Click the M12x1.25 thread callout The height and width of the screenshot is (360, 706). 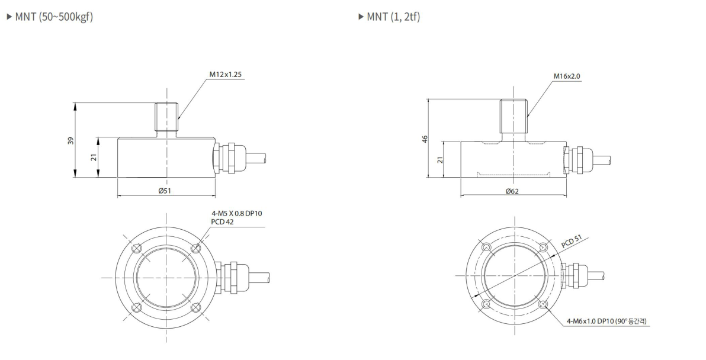click(226, 75)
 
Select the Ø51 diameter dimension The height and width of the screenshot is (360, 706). click(166, 191)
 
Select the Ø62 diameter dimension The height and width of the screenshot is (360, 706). click(513, 191)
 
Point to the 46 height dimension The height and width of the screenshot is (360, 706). click(424, 139)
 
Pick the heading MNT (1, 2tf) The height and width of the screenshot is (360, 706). click(393, 15)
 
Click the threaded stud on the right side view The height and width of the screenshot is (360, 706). click(513, 116)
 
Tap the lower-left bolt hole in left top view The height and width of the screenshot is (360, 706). click(136, 307)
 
